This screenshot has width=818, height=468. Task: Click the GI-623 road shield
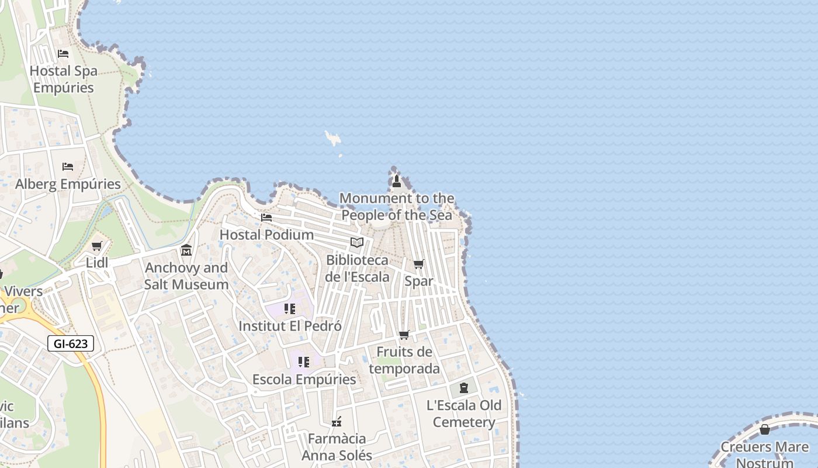click(x=71, y=343)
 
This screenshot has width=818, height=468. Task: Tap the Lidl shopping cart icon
click(x=97, y=246)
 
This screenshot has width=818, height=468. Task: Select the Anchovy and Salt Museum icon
click(x=186, y=250)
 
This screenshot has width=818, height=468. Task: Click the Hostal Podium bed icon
click(x=266, y=218)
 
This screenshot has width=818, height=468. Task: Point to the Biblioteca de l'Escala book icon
click(x=357, y=242)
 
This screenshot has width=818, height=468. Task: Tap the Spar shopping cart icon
click(x=419, y=264)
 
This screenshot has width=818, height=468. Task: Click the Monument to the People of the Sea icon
click(x=397, y=181)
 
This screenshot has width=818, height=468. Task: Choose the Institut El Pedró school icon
click(x=290, y=308)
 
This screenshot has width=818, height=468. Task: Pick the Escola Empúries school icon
click(x=304, y=362)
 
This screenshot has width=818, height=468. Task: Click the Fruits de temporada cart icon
click(x=404, y=335)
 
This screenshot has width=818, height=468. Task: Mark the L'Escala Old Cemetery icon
click(x=464, y=388)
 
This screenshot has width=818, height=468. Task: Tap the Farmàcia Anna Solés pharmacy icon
click(x=337, y=421)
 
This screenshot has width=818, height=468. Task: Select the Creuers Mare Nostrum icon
click(x=764, y=430)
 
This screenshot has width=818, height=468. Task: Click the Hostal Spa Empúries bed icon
click(x=63, y=54)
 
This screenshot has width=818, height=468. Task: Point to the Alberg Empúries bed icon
click(x=68, y=167)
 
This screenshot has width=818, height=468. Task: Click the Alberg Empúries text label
click(x=68, y=184)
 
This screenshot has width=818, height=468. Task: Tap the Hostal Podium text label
click(x=266, y=235)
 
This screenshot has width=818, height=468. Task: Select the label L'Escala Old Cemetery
click(x=464, y=414)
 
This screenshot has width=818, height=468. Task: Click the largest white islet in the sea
click(x=333, y=139)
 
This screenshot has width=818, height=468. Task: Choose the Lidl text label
click(x=97, y=263)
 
